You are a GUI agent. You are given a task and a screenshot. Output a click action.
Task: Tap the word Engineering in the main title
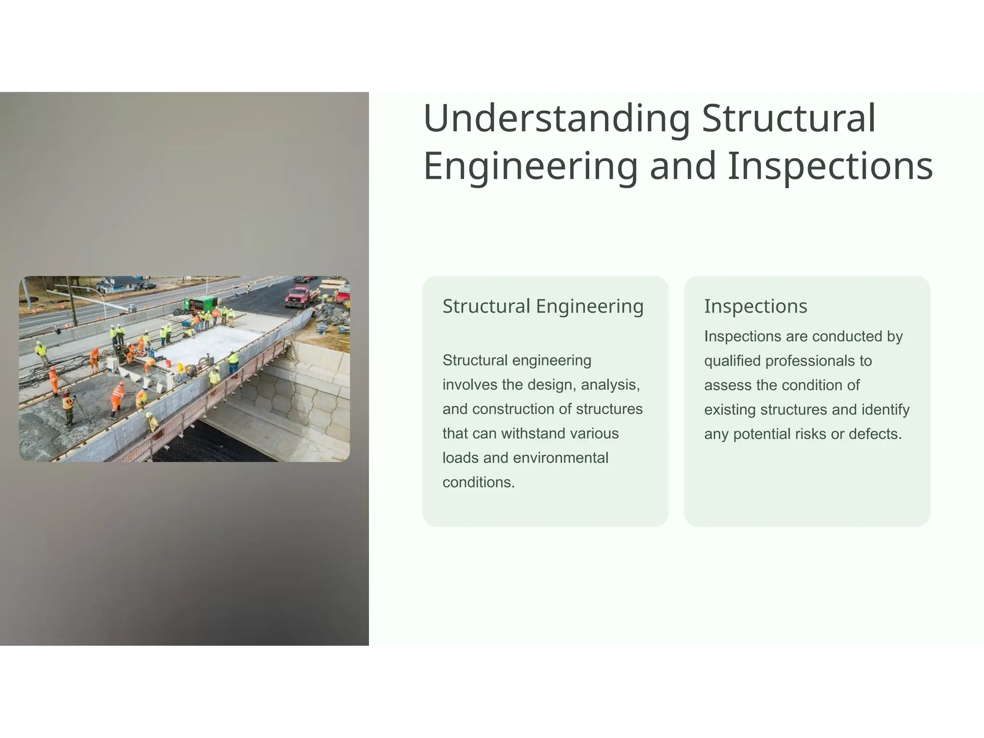pyautogui.click(x=530, y=166)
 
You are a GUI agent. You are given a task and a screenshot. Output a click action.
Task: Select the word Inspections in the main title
pyautogui.click(x=830, y=166)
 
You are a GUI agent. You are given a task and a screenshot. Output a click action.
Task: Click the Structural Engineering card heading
pyautogui.click(x=542, y=306)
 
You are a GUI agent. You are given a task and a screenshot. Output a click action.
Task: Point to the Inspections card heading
pyautogui.click(x=755, y=306)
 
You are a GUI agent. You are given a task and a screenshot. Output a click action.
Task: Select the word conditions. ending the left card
pyautogui.click(x=478, y=482)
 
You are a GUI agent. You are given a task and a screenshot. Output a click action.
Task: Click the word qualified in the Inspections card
pyautogui.click(x=732, y=361)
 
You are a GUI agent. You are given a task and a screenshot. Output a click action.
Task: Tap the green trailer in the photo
pyautogui.click(x=200, y=304)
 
